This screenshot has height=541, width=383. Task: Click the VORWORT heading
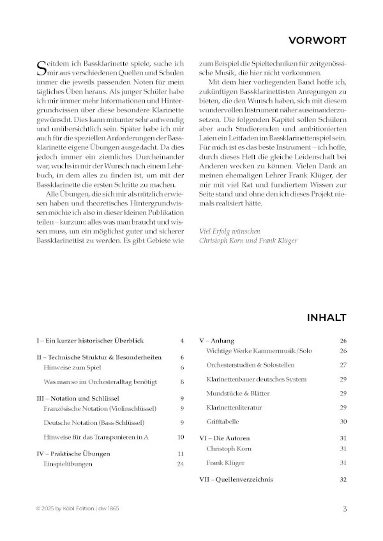[x=317, y=41]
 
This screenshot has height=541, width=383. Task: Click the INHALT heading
[x=326, y=317]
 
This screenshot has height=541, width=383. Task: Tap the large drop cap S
[x=43, y=67]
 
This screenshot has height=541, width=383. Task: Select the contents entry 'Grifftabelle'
[x=224, y=421]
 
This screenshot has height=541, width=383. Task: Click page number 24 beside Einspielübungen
[x=180, y=464]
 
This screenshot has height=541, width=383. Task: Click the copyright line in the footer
[x=77, y=508]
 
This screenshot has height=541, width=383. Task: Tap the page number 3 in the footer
[x=344, y=508]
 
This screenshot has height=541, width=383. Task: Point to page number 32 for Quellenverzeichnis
[x=342, y=478]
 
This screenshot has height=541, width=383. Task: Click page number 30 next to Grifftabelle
[x=342, y=421]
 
